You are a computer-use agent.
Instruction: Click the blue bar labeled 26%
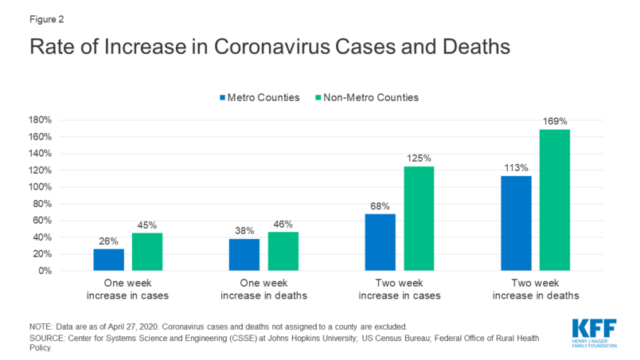[x=108, y=260]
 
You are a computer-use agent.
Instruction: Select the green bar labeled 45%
[x=147, y=252]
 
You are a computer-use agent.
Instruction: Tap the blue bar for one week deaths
[x=244, y=255]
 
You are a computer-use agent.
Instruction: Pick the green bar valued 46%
[x=283, y=252]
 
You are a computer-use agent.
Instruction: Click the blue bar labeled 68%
[x=380, y=242]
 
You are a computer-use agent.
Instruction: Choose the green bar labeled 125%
[x=419, y=218]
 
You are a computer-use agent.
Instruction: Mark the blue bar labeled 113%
[x=516, y=223]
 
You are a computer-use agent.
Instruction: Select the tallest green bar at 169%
[x=555, y=200]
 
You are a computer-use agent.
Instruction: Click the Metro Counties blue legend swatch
[x=224, y=97]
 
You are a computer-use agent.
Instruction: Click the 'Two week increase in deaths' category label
[x=535, y=290]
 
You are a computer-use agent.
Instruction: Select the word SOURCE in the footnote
[x=49, y=338]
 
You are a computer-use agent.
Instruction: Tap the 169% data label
[x=556, y=121]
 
